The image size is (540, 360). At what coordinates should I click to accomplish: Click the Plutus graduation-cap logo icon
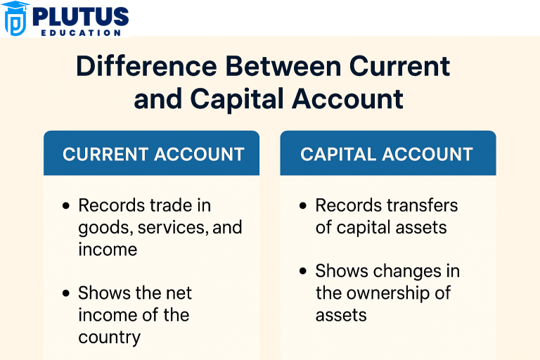15,18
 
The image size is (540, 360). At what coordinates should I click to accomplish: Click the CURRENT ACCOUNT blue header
153,154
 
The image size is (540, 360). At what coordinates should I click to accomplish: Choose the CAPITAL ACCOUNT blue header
387,154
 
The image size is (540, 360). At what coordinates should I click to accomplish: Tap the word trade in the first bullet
173,205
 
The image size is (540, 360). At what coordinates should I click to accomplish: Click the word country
109,336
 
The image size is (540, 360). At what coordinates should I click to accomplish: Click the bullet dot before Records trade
66,206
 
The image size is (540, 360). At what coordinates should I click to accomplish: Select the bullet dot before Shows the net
66,293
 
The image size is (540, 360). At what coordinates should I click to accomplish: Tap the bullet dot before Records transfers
303,206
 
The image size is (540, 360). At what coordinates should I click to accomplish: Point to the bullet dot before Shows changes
303,271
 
